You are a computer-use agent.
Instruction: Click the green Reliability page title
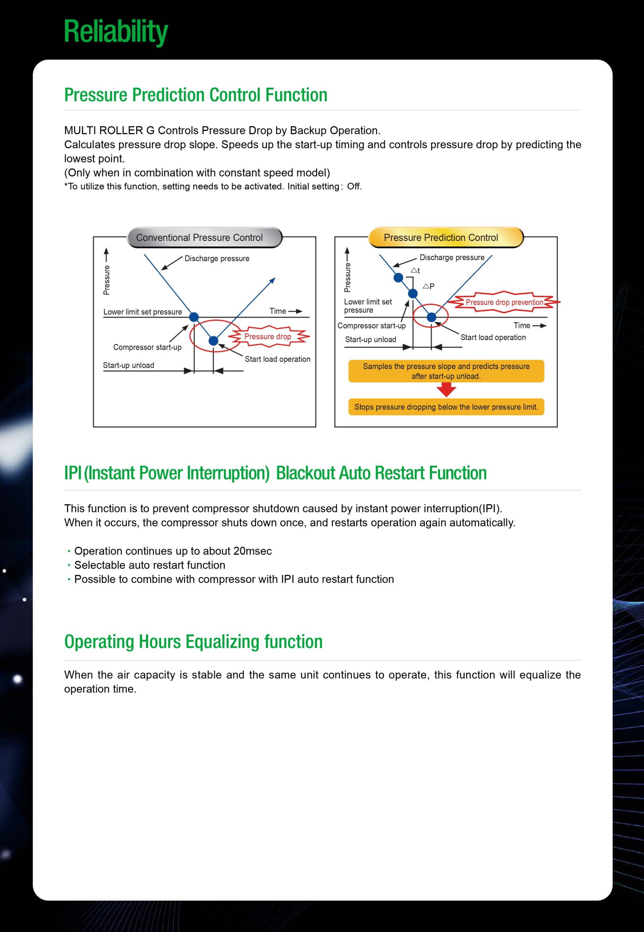pyautogui.click(x=116, y=32)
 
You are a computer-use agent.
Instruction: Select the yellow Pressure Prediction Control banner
pyautogui.click(x=446, y=237)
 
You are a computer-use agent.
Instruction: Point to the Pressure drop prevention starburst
pyautogui.click(x=504, y=302)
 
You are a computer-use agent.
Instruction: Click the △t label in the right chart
pyautogui.click(x=415, y=270)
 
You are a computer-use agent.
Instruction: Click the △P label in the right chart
pyautogui.click(x=428, y=286)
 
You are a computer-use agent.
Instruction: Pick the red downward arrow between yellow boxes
pyautogui.click(x=446, y=390)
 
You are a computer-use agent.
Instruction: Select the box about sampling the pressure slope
pyautogui.click(x=446, y=371)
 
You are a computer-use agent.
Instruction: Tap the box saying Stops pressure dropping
pyautogui.click(x=446, y=407)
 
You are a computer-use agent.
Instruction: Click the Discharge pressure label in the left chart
pyautogui.click(x=217, y=258)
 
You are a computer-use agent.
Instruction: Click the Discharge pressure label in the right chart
pyautogui.click(x=452, y=257)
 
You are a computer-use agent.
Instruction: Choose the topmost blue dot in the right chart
pyautogui.click(x=398, y=277)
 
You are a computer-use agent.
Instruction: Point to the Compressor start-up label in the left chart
pyautogui.click(x=147, y=347)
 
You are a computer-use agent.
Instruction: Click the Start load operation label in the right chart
pyautogui.click(x=493, y=337)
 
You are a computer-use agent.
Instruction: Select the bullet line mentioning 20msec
pyautogui.click(x=169, y=551)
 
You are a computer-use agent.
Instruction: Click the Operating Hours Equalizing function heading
pyautogui.click(x=193, y=641)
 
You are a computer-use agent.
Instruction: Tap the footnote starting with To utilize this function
pyautogui.click(x=213, y=186)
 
